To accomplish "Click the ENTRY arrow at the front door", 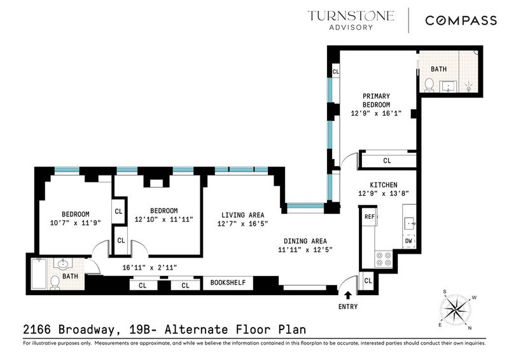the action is tap(347, 295).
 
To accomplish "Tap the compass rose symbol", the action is tap(456, 308).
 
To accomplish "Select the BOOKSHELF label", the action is tap(228, 283).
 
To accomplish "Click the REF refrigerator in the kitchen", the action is tap(370, 216).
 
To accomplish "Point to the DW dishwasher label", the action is tap(408, 241).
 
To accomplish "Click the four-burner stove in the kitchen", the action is tap(384, 259).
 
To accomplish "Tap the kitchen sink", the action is tap(409, 224).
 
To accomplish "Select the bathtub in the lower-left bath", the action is tap(39, 273).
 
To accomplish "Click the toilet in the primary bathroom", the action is tap(429, 85).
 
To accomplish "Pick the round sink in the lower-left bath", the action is tap(63, 263).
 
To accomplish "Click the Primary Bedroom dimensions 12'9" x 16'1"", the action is tap(376, 113).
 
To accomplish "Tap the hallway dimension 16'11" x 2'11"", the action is tap(150, 268).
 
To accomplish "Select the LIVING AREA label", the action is tap(243, 215).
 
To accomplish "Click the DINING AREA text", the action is tap(305, 241).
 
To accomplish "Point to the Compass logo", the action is tap(461, 20).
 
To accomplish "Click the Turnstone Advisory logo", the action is tap(351, 20).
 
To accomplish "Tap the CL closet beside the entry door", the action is tap(368, 280).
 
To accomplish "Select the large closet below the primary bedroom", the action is tap(387, 160).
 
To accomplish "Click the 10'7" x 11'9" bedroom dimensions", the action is tap(76, 223).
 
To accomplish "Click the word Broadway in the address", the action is tap(87, 330).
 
